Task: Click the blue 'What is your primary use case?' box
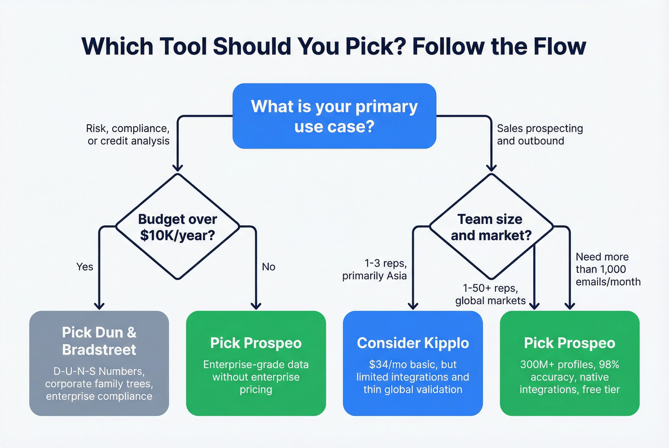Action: (x=334, y=116)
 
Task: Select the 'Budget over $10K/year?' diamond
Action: (x=177, y=227)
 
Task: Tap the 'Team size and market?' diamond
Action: (x=491, y=227)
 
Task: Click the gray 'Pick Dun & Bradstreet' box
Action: (x=99, y=363)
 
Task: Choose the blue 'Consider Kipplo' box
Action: (x=413, y=363)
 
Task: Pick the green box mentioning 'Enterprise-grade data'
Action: (x=256, y=363)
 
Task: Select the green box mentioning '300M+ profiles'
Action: (x=569, y=363)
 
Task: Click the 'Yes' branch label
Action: (x=85, y=267)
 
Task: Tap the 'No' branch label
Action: (x=269, y=267)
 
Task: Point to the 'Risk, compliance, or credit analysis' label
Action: (x=128, y=135)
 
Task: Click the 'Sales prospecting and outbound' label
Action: (x=540, y=135)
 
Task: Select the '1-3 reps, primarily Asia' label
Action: (x=375, y=270)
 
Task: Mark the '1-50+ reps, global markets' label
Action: (x=490, y=294)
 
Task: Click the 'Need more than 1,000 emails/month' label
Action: (x=608, y=269)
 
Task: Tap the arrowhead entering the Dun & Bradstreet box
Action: (x=99, y=305)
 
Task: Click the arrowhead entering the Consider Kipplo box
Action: (x=413, y=305)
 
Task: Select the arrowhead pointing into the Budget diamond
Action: (x=177, y=167)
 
